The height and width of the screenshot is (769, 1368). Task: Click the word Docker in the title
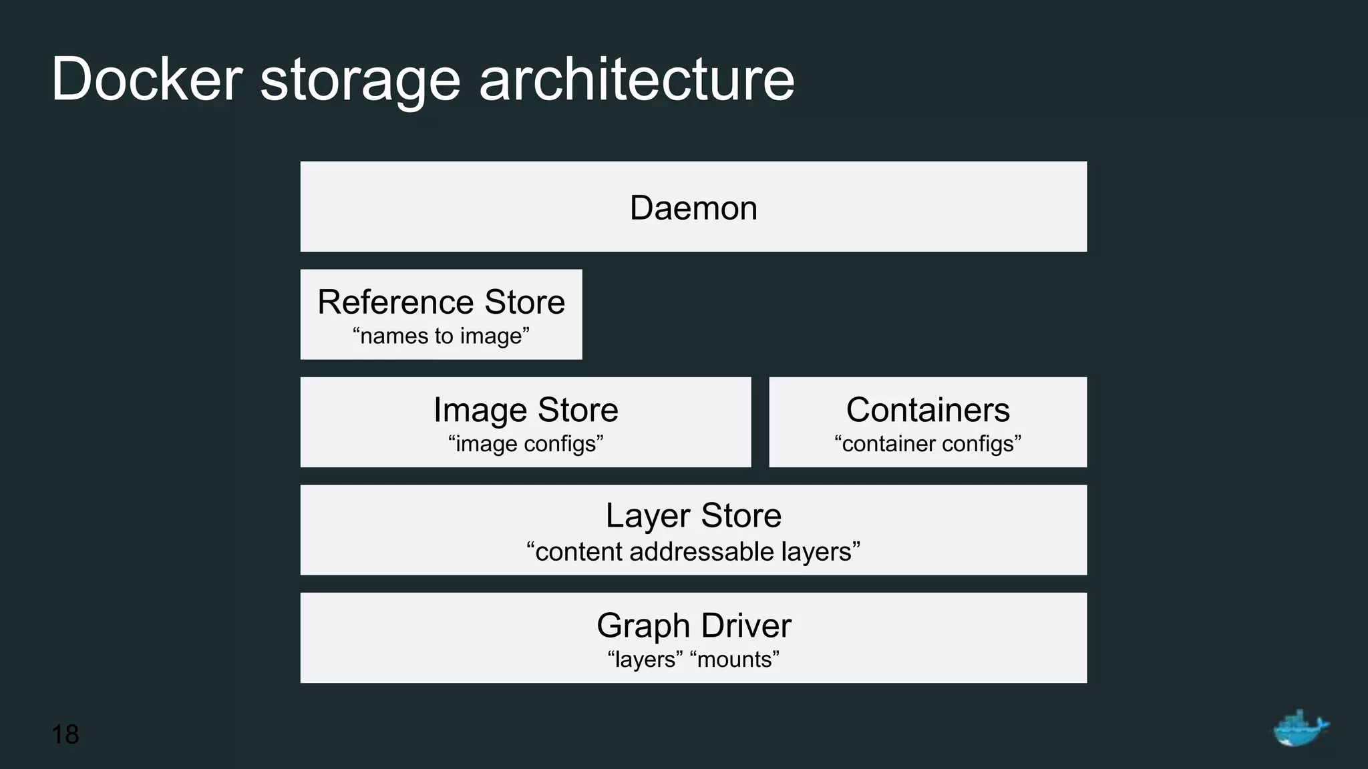(146, 79)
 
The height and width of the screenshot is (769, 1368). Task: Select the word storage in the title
(360, 81)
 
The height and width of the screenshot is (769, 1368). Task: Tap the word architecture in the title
(637, 79)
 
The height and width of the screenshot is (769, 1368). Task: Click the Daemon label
(693, 208)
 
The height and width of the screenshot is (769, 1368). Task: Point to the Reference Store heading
(441, 302)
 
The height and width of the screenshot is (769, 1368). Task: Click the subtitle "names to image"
(441, 336)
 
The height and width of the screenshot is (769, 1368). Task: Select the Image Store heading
(526, 409)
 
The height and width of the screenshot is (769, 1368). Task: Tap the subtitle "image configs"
(526, 444)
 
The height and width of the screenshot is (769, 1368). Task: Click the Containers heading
(928, 409)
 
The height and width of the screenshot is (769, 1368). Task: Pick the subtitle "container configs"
(928, 444)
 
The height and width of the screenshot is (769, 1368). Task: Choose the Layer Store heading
(693, 515)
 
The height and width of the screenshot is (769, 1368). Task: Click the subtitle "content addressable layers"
(693, 552)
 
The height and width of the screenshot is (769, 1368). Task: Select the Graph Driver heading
(693, 625)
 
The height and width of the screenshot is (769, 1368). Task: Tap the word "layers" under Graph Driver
(645, 660)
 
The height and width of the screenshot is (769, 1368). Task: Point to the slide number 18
(65, 734)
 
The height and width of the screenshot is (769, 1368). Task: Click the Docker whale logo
(1299, 728)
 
